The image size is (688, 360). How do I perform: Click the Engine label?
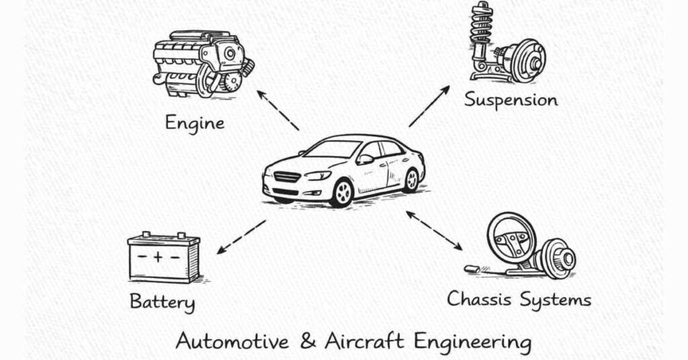[194, 123]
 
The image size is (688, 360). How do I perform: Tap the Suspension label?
[511, 101]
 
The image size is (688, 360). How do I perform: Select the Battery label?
[162, 302]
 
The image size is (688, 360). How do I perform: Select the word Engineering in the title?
[472, 341]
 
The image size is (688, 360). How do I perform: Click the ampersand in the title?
[306, 341]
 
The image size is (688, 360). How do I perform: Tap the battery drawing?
[164, 257]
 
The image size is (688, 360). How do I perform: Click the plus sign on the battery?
[157, 256]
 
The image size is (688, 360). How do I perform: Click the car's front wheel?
[342, 193]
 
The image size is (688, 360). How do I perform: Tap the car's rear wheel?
[411, 180]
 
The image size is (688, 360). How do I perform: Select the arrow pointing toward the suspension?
[429, 106]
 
